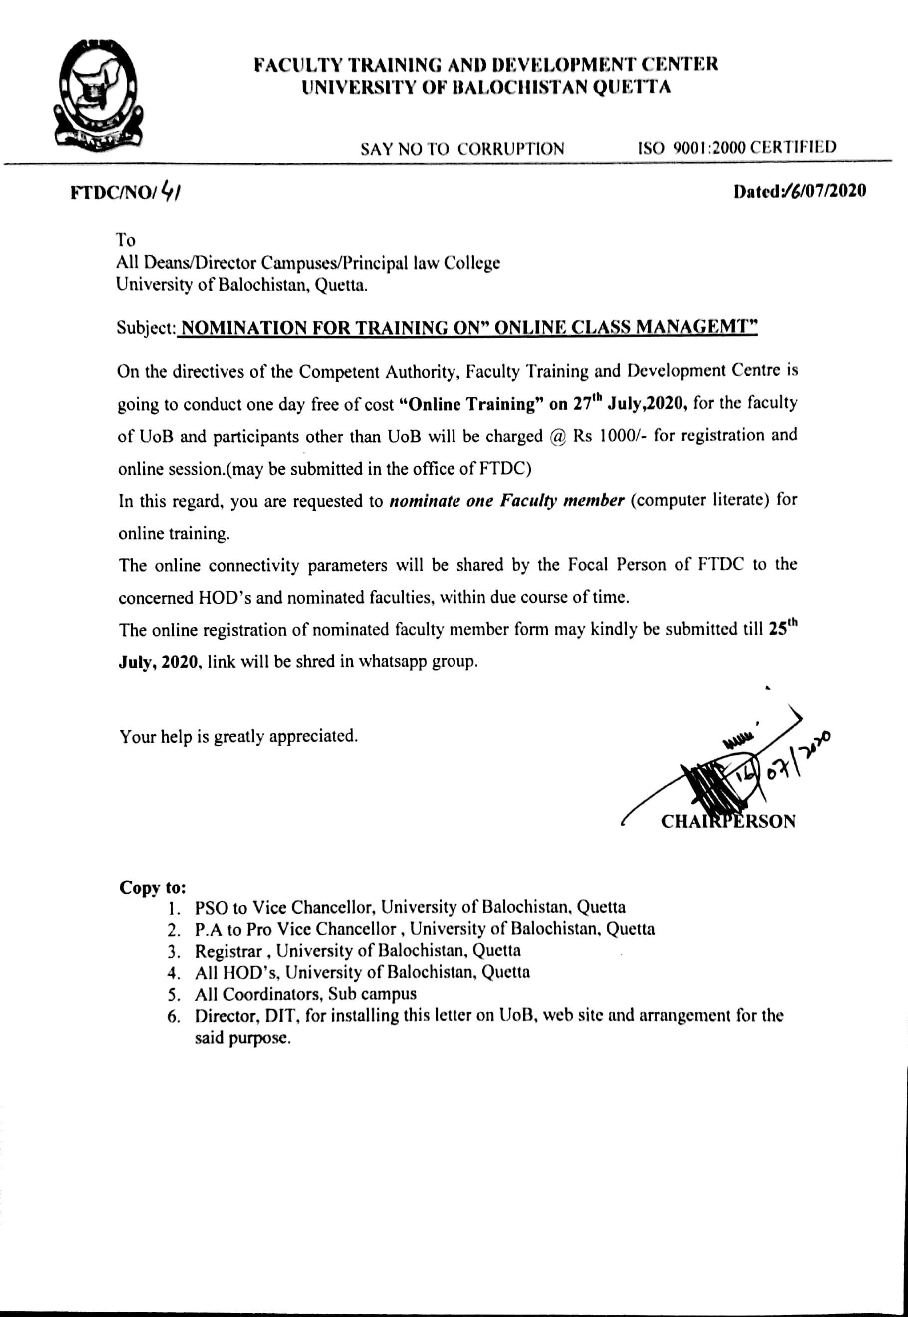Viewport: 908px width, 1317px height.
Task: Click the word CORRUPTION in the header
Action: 511,149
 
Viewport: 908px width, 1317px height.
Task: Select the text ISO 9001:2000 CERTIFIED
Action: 737,147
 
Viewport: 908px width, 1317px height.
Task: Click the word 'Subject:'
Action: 146,328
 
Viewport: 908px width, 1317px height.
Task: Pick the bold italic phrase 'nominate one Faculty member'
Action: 507,501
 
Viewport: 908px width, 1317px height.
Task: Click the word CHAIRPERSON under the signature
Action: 728,822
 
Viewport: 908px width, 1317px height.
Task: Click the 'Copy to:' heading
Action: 153,888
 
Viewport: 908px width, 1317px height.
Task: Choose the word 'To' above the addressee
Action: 125,239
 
